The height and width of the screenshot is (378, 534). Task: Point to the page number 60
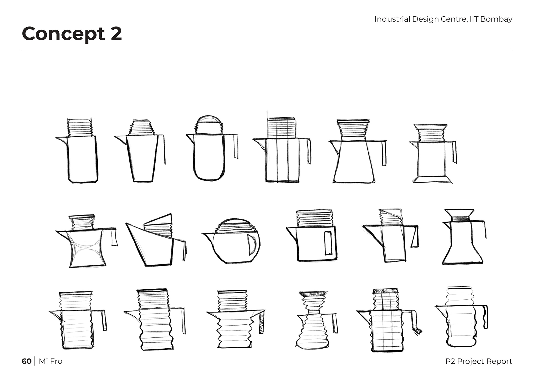coord(26,361)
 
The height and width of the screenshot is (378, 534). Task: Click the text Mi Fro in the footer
coord(50,361)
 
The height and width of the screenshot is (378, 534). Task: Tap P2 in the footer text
coord(450,361)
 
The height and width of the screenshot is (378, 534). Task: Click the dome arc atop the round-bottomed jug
coord(209,117)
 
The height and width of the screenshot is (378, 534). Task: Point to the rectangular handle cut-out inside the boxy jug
coord(328,243)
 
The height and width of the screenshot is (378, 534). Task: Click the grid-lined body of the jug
coord(386,330)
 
